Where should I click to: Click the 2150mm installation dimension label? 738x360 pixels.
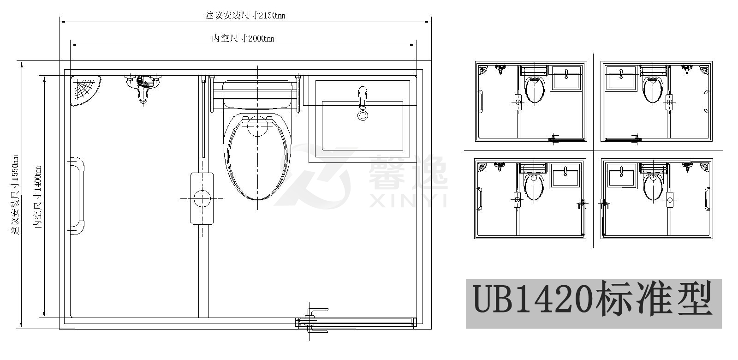[245, 15]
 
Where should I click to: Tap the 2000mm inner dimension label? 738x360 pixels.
[243, 38]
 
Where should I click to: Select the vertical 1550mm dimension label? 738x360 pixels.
[15, 195]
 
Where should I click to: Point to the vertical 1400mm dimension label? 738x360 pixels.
[37, 197]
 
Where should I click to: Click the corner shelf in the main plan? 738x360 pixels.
[85, 90]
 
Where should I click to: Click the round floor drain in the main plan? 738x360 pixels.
[202, 198]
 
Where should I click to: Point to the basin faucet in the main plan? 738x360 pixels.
[363, 97]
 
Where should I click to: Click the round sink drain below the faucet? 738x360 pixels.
[363, 115]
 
